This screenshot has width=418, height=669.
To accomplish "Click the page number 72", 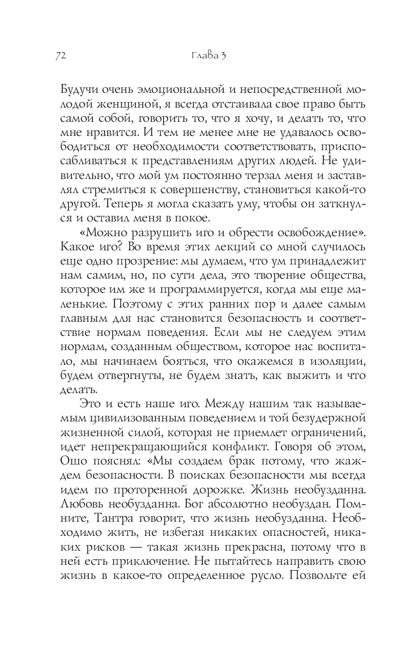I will coord(62,56).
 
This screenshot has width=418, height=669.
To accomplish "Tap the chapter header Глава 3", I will coord(208,56).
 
